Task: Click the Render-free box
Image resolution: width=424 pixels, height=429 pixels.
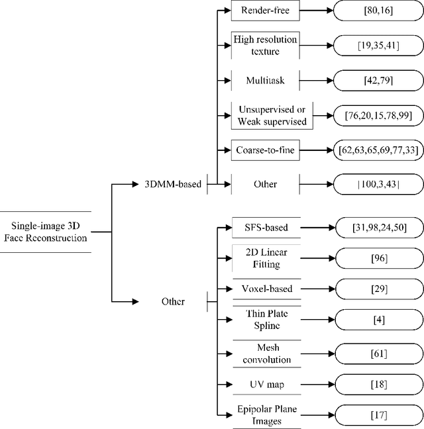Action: pos(264,10)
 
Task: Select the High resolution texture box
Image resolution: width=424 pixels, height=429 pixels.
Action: pos(264,45)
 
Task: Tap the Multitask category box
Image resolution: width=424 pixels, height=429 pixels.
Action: pos(264,81)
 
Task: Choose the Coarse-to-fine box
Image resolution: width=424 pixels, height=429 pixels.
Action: pos(264,150)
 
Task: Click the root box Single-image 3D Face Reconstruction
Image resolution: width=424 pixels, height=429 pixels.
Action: pos(44,232)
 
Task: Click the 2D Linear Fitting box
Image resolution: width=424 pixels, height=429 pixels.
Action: pos(264,258)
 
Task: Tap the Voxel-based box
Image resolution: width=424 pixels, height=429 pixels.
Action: pos(264,289)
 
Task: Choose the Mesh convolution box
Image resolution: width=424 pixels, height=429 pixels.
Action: pos(264,353)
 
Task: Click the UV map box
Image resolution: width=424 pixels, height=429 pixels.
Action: pos(264,384)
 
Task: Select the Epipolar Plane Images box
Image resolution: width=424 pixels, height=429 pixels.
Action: pos(264,416)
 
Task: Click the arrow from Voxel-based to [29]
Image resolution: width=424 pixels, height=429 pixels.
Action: pos(317,289)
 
